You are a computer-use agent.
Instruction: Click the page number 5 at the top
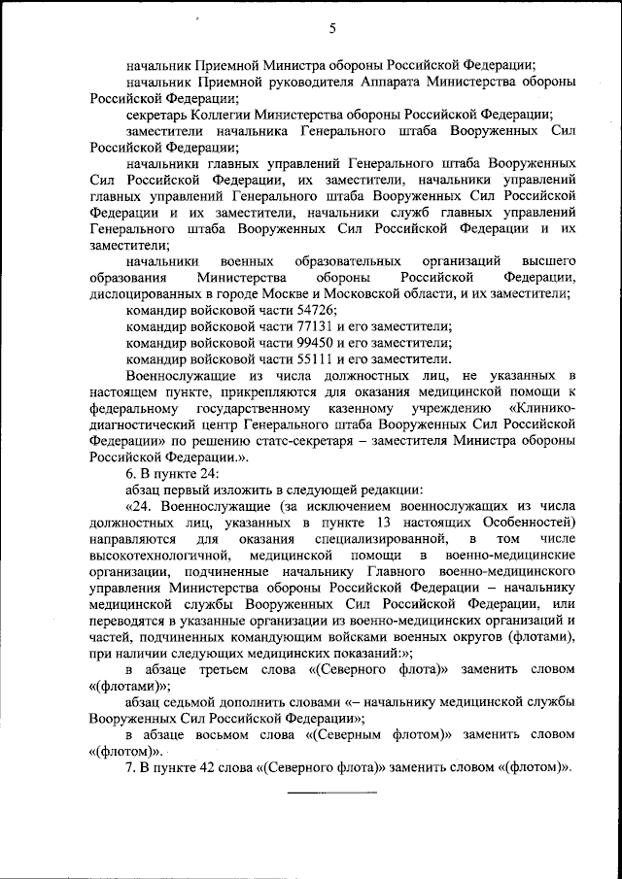point(332,28)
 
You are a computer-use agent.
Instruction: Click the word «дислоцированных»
point(140,292)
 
